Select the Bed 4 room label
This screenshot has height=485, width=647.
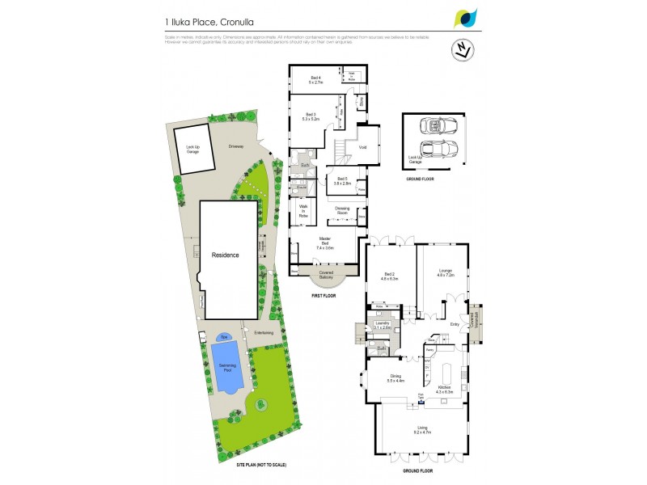coord(315,80)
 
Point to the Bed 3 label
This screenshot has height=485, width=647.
coord(311,116)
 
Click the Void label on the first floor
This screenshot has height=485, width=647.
coord(362,147)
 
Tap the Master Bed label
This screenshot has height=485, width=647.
coord(325,241)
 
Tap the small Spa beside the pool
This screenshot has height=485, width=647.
coord(224,336)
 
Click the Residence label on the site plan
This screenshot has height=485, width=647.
coord(226,255)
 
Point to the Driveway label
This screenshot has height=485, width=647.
coord(235,146)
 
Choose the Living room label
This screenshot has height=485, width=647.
coord(422,431)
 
